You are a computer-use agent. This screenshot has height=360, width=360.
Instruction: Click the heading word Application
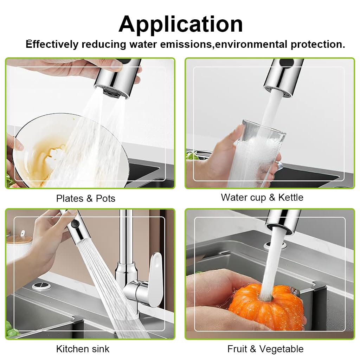click(180, 24)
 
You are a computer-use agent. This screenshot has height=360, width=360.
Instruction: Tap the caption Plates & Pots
click(85, 198)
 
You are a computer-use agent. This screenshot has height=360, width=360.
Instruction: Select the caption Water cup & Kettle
click(262, 197)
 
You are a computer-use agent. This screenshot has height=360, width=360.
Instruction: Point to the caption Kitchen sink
click(83, 349)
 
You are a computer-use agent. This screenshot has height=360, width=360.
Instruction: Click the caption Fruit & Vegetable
click(265, 349)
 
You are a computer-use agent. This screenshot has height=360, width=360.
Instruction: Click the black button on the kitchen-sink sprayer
click(74, 223)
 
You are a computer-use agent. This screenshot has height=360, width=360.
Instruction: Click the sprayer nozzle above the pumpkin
click(283, 221)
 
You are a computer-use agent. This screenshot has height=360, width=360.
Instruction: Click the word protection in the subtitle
click(317, 44)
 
